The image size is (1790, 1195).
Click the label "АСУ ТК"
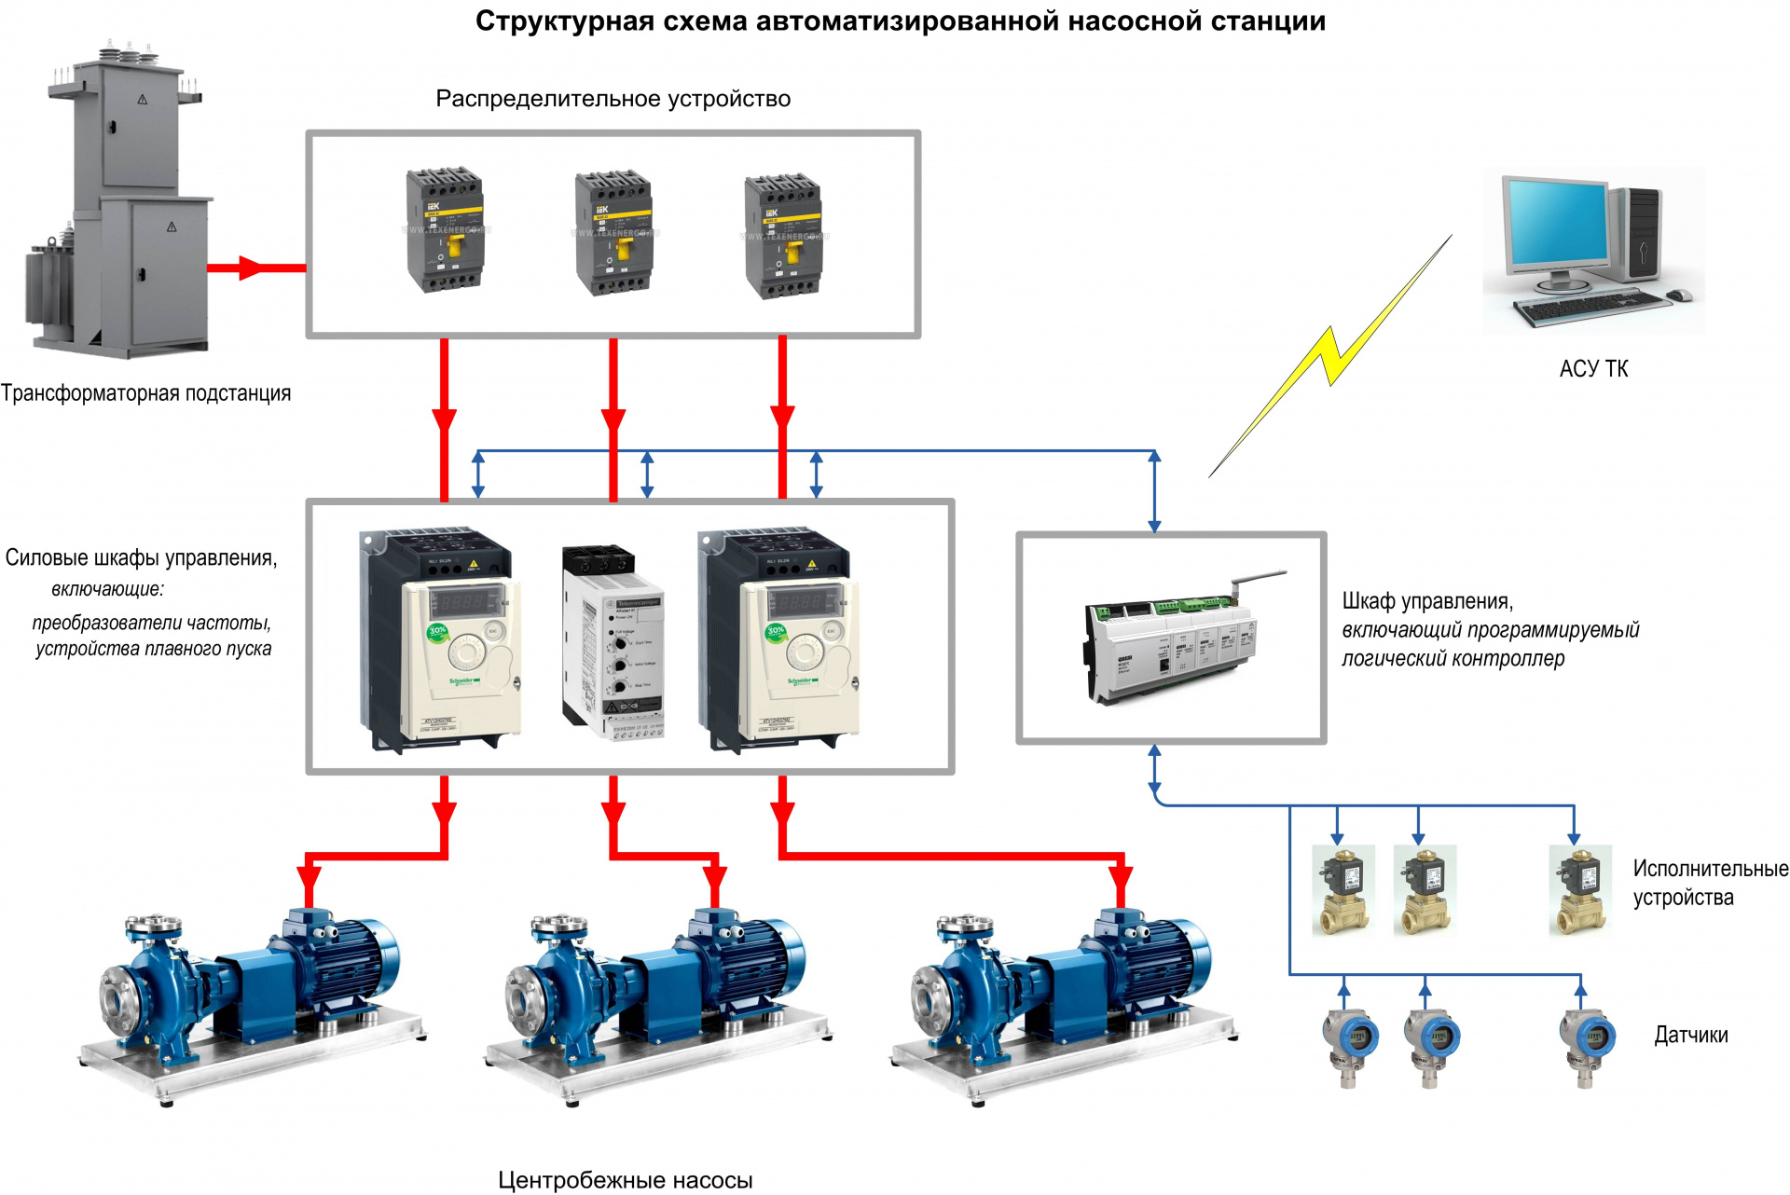(1593, 369)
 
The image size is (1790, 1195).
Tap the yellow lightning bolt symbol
(1331, 355)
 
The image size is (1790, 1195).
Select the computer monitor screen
(1558, 224)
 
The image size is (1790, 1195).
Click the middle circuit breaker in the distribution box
(613, 233)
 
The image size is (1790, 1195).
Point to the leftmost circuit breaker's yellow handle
(456, 246)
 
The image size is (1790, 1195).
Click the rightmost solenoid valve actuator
(1579, 890)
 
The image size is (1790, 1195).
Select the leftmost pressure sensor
(1349, 1044)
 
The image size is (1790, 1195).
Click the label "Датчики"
(1690, 1036)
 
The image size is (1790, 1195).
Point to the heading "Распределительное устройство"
(613, 99)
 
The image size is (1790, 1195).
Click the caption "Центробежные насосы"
(625, 1180)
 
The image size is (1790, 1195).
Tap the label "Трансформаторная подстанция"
(145, 393)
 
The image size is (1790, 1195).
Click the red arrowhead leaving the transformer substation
(250, 268)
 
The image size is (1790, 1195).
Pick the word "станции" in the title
(1268, 21)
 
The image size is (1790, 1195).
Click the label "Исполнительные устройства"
(1709, 883)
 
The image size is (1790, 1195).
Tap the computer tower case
(1642, 233)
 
